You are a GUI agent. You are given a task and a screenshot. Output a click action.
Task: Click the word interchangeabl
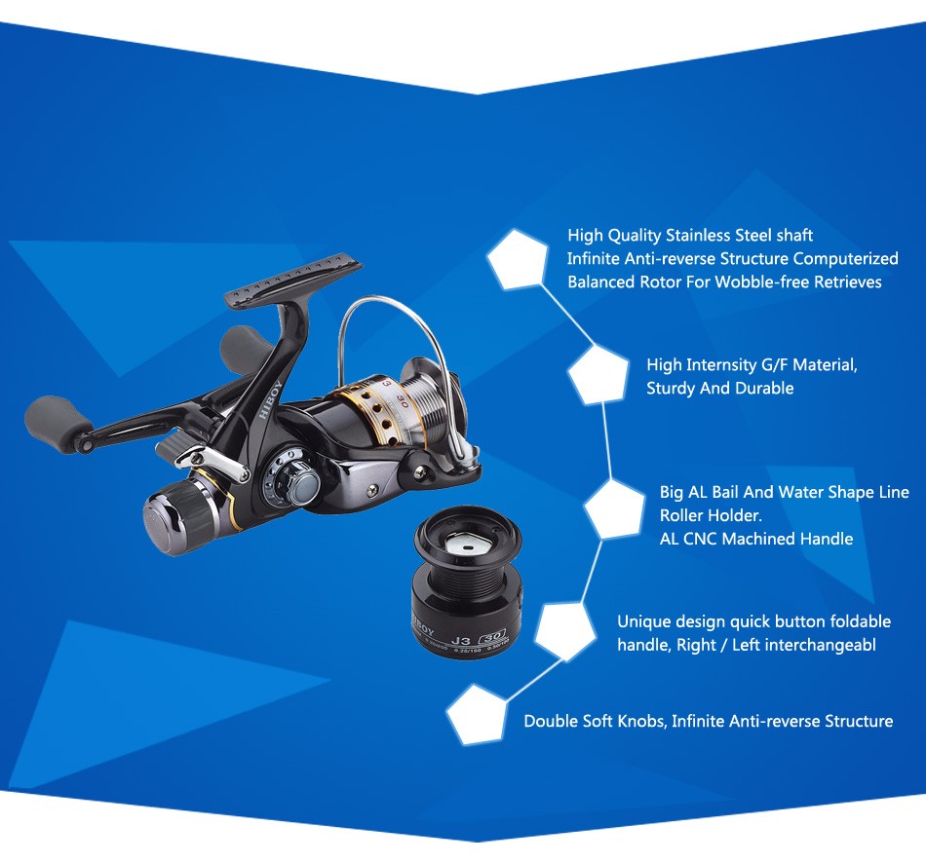point(804,645)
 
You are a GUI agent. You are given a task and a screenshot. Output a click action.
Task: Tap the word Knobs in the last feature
point(640,721)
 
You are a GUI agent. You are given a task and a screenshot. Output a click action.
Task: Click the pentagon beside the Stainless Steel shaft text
point(518,260)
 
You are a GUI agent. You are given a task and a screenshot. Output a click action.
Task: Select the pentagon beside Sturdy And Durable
point(598,375)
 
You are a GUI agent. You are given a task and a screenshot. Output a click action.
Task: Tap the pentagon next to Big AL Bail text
point(614,508)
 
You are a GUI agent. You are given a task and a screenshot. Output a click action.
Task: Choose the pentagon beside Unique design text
point(565,631)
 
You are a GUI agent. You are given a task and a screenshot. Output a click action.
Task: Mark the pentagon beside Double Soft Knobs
point(476,714)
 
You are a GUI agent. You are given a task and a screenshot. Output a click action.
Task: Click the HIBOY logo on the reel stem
point(269,400)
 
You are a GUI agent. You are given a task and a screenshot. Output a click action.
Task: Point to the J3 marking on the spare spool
point(460,640)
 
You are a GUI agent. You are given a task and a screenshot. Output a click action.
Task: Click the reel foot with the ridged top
point(293,278)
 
